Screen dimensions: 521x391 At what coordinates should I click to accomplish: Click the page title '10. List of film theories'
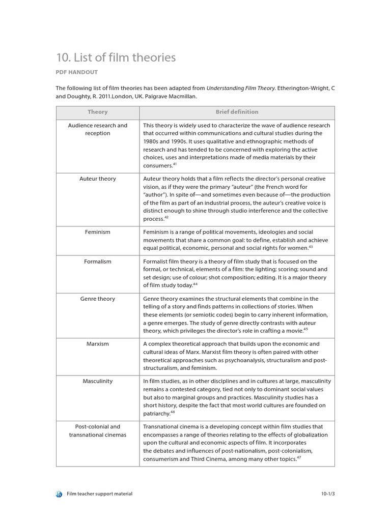116,58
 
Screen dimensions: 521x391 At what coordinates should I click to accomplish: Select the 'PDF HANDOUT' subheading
76,73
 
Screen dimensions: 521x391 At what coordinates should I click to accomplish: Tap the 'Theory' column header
97,112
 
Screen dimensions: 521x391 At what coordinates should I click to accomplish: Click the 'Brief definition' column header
237,112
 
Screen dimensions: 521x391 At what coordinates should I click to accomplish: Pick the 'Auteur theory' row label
97,179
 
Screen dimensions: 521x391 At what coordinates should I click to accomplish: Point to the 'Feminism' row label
97,232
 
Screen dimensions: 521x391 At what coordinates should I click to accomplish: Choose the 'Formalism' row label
97,262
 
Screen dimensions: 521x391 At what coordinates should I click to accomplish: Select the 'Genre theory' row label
97,299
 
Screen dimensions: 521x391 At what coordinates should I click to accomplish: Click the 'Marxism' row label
97,344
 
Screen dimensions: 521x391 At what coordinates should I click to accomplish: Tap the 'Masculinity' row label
97,382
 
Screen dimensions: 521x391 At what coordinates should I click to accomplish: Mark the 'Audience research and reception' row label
97,129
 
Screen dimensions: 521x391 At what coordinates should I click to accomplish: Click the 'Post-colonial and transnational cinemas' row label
97,431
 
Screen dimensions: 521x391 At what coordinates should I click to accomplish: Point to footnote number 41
175,164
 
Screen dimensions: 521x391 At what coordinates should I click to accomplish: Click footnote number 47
299,458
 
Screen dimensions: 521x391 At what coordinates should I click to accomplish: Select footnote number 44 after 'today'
195,284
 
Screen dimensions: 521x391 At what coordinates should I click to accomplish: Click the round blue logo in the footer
59,494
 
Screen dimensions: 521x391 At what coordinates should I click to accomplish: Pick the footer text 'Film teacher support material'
99,494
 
